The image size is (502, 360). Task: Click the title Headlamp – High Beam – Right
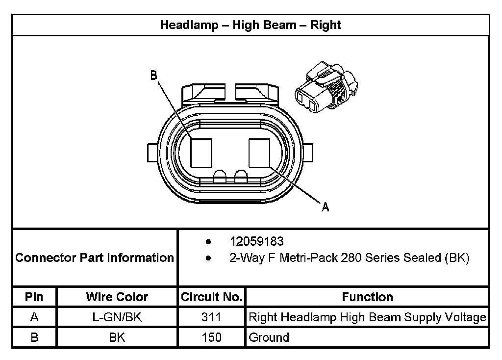(x=251, y=25)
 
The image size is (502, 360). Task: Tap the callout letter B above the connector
(x=153, y=75)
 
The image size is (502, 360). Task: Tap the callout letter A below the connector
(x=325, y=207)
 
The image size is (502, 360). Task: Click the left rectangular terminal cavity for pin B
(x=201, y=153)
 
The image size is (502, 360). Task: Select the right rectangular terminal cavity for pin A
(x=259, y=153)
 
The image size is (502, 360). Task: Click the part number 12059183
(x=256, y=242)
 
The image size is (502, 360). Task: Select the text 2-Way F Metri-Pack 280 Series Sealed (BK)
(x=350, y=258)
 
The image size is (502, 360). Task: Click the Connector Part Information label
(x=95, y=258)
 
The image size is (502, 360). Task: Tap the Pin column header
(x=34, y=297)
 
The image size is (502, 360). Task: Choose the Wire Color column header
(x=117, y=297)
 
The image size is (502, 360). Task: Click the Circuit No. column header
(x=211, y=297)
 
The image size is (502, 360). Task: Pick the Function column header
(x=367, y=297)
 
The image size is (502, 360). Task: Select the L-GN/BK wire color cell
(x=117, y=317)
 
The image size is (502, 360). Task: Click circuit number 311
(x=211, y=317)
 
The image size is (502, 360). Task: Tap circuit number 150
(x=211, y=337)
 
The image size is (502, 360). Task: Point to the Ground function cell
(x=269, y=337)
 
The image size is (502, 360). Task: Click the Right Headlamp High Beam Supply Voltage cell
(x=367, y=317)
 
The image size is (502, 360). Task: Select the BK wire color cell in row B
(x=117, y=337)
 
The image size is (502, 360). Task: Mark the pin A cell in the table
(x=34, y=317)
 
